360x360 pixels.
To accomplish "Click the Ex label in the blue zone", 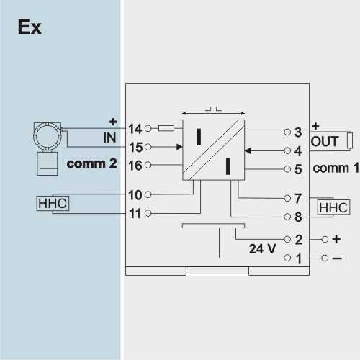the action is (x=30, y=27).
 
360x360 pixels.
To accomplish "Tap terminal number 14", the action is (x=135, y=129).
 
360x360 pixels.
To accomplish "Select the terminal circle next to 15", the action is (x=148, y=147).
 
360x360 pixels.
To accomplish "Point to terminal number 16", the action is (x=135, y=166).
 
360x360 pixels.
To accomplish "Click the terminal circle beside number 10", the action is (x=148, y=194).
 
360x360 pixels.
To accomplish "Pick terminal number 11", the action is (x=135, y=213).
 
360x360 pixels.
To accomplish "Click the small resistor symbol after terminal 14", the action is (x=166, y=128).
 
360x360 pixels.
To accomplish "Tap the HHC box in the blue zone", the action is (x=53, y=204).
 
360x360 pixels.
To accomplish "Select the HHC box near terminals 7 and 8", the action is (x=333, y=207).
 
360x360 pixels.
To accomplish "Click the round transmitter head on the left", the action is (x=48, y=136).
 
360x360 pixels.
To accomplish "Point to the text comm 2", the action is (x=91, y=163).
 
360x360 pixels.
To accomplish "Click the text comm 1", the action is (x=336, y=168).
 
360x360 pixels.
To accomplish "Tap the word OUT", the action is (x=325, y=142).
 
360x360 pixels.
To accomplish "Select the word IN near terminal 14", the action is (x=109, y=138).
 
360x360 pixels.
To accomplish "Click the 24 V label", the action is (x=262, y=249).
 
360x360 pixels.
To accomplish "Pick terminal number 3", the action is (x=298, y=132).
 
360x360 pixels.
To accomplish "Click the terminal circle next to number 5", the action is (x=287, y=169).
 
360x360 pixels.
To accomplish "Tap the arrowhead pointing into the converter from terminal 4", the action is (x=248, y=150).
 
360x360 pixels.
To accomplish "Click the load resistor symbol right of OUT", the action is (x=350, y=140).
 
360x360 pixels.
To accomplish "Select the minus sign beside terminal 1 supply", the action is (x=337, y=258).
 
